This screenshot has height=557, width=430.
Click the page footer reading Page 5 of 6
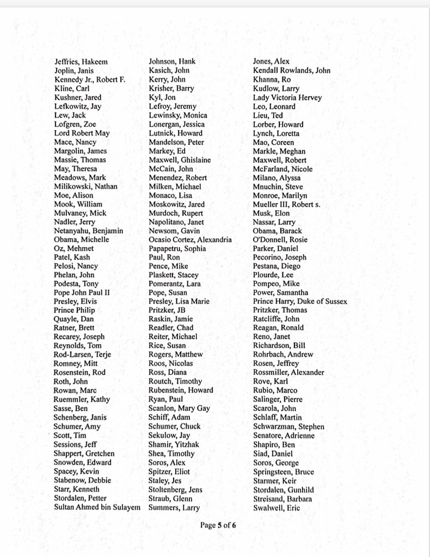pyautogui.click(x=218, y=525)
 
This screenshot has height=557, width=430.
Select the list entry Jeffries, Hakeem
pyautogui.click(x=81, y=62)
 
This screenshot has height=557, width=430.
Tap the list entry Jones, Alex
pyautogui.click(x=271, y=62)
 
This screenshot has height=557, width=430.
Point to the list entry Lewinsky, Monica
pyautogui.click(x=178, y=115)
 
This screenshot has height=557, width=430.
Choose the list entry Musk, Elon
pyautogui.click(x=271, y=213)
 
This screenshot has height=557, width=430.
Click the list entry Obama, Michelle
pyautogui.click(x=82, y=240)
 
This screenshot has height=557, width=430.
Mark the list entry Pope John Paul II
pyautogui.click(x=82, y=292)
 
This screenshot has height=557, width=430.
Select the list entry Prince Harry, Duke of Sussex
pyautogui.click(x=300, y=301)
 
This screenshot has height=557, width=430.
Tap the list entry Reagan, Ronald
pyautogui.click(x=278, y=328)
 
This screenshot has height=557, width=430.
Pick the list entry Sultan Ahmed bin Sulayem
pyautogui.click(x=97, y=507)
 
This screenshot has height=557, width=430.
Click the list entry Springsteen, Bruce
pyautogui.click(x=284, y=472)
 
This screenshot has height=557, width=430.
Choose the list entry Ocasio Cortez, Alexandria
pyautogui.click(x=190, y=240)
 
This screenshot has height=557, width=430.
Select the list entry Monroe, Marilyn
pyautogui.click(x=280, y=195)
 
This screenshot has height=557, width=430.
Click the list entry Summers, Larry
pyautogui.click(x=174, y=507)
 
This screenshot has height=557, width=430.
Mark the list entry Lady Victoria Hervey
pyautogui.click(x=287, y=97)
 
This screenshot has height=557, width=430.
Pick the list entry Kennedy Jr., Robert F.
pyautogui.click(x=90, y=79)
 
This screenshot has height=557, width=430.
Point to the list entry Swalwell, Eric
pyautogui.click(x=277, y=507)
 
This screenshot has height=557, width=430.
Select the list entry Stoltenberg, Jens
pyautogui.click(x=175, y=489)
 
